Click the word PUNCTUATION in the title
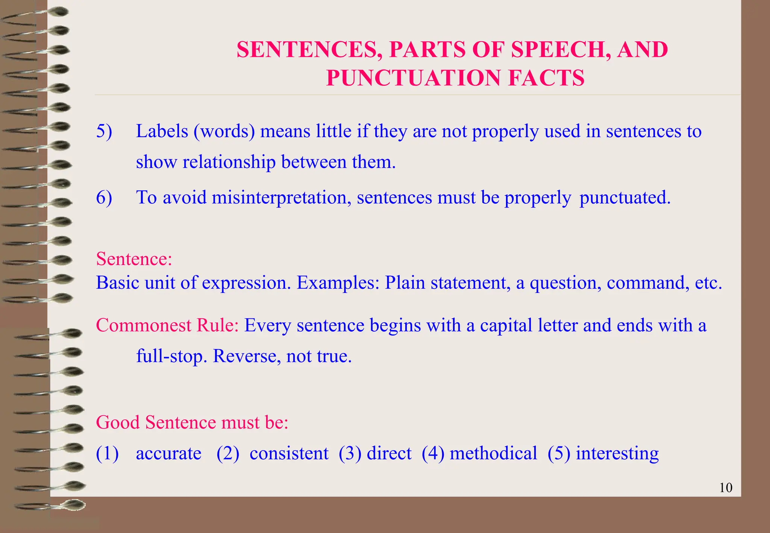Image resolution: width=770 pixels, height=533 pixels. click(414, 78)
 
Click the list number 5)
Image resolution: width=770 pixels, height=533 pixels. click(104, 131)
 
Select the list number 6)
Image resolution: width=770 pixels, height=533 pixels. click(104, 197)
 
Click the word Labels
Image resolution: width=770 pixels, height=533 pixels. click(162, 131)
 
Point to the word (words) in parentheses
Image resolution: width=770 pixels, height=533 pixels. click(224, 131)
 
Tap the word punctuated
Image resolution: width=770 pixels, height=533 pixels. click(624, 197)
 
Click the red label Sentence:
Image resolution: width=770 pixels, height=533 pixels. click(134, 259)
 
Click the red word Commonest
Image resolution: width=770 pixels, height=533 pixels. click(144, 325)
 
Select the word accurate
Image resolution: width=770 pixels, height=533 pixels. click(168, 453)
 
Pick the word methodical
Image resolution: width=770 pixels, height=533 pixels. click(493, 453)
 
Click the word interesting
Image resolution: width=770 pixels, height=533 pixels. click(617, 453)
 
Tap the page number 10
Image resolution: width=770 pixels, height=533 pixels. click(726, 488)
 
